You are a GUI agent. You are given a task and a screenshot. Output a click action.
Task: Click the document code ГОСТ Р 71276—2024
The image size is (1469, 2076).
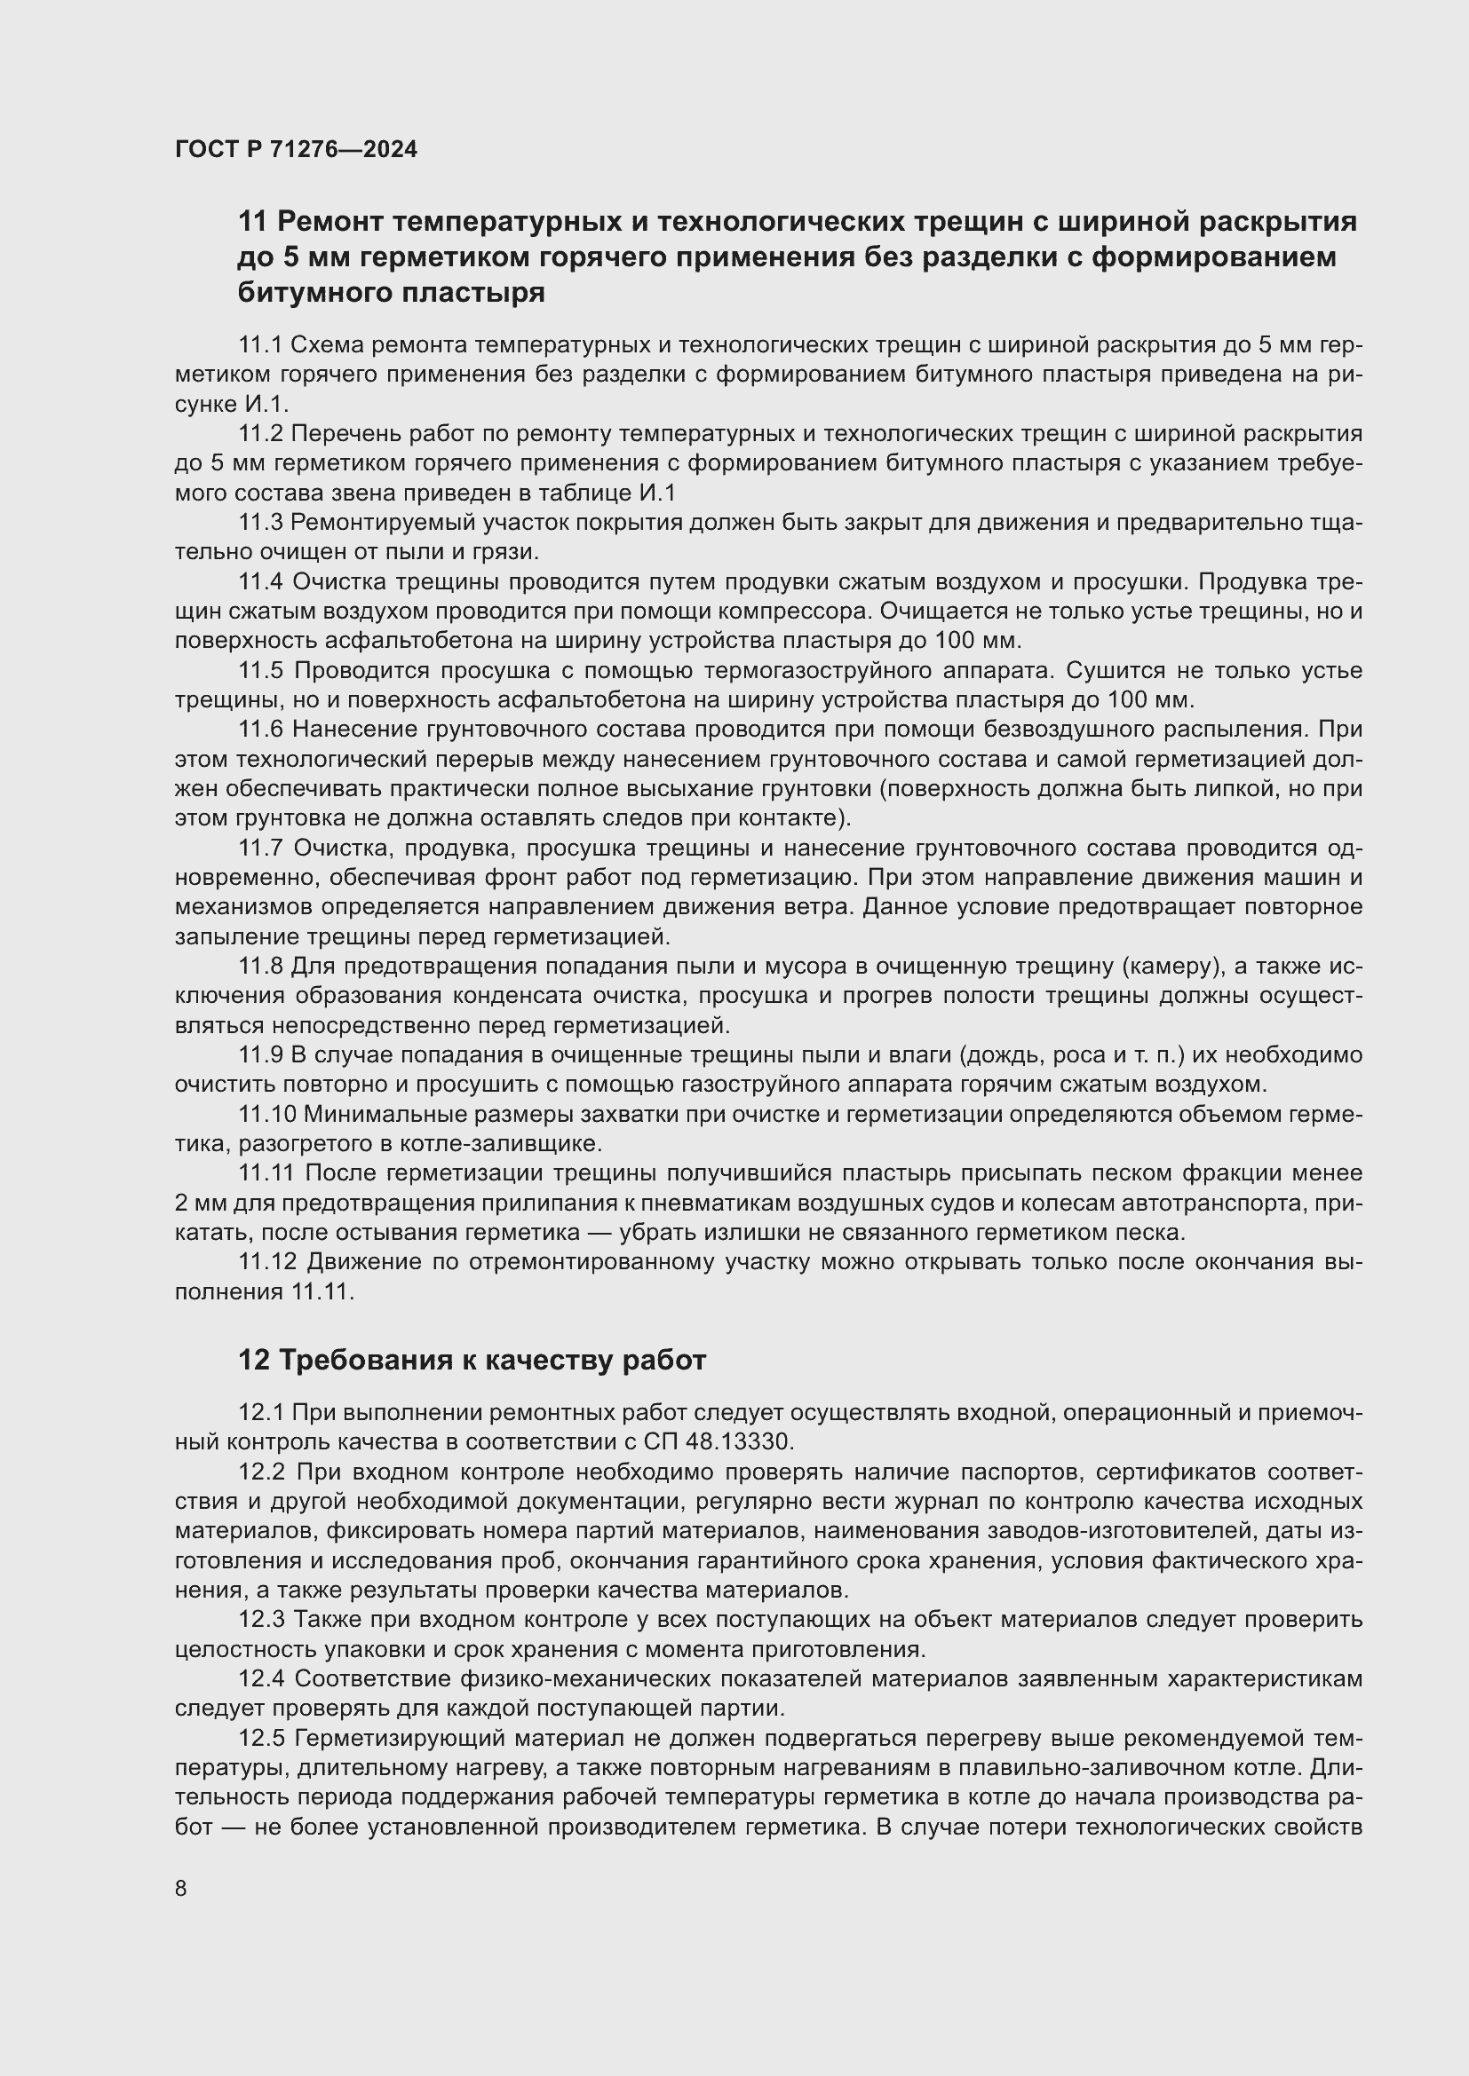[296, 150]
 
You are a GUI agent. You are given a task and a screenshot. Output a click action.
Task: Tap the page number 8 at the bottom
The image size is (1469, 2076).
[181, 1888]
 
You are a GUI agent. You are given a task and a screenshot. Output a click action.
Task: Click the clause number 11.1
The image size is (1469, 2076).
[260, 344]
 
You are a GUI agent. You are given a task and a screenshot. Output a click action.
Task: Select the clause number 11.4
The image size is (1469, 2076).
[260, 581]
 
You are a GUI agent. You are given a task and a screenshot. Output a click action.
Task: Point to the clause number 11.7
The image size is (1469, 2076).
[260, 849]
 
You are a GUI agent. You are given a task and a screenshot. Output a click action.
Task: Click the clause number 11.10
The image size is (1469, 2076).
[266, 1114]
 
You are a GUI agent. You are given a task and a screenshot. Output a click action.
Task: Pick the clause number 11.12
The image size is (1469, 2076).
[266, 1261]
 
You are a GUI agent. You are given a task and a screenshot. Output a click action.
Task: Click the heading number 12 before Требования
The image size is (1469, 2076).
[254, 1360]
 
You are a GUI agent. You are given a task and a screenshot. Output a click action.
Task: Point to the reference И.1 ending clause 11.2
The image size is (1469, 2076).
[656, 493]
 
